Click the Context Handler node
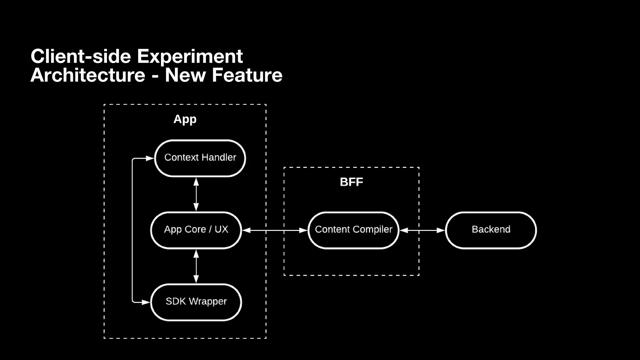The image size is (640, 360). tap(200, 158)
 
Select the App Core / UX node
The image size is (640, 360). tap(196, 230)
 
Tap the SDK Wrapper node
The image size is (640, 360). tap(196, 302)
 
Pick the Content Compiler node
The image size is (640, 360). tap(353, 230)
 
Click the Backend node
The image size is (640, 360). tap(491, 230)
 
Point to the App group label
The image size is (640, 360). tap(185, 119)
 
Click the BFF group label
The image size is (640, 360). tap(351, 182)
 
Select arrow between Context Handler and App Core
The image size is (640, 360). tap(196, 194)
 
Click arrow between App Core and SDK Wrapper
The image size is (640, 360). tap(196, 266)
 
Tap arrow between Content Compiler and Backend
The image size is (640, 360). tap(422, 230)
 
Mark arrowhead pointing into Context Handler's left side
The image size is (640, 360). tap(150, 158)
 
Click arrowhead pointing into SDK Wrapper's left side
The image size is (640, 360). tap(146, 302)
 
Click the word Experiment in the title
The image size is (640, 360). tap(190, 57)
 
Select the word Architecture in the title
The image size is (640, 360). tap(88, 75)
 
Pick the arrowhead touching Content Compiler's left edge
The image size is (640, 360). tap(303, 230)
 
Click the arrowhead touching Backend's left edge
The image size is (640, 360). tap(441, 230)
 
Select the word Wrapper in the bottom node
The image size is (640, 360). tap(208, 302)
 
